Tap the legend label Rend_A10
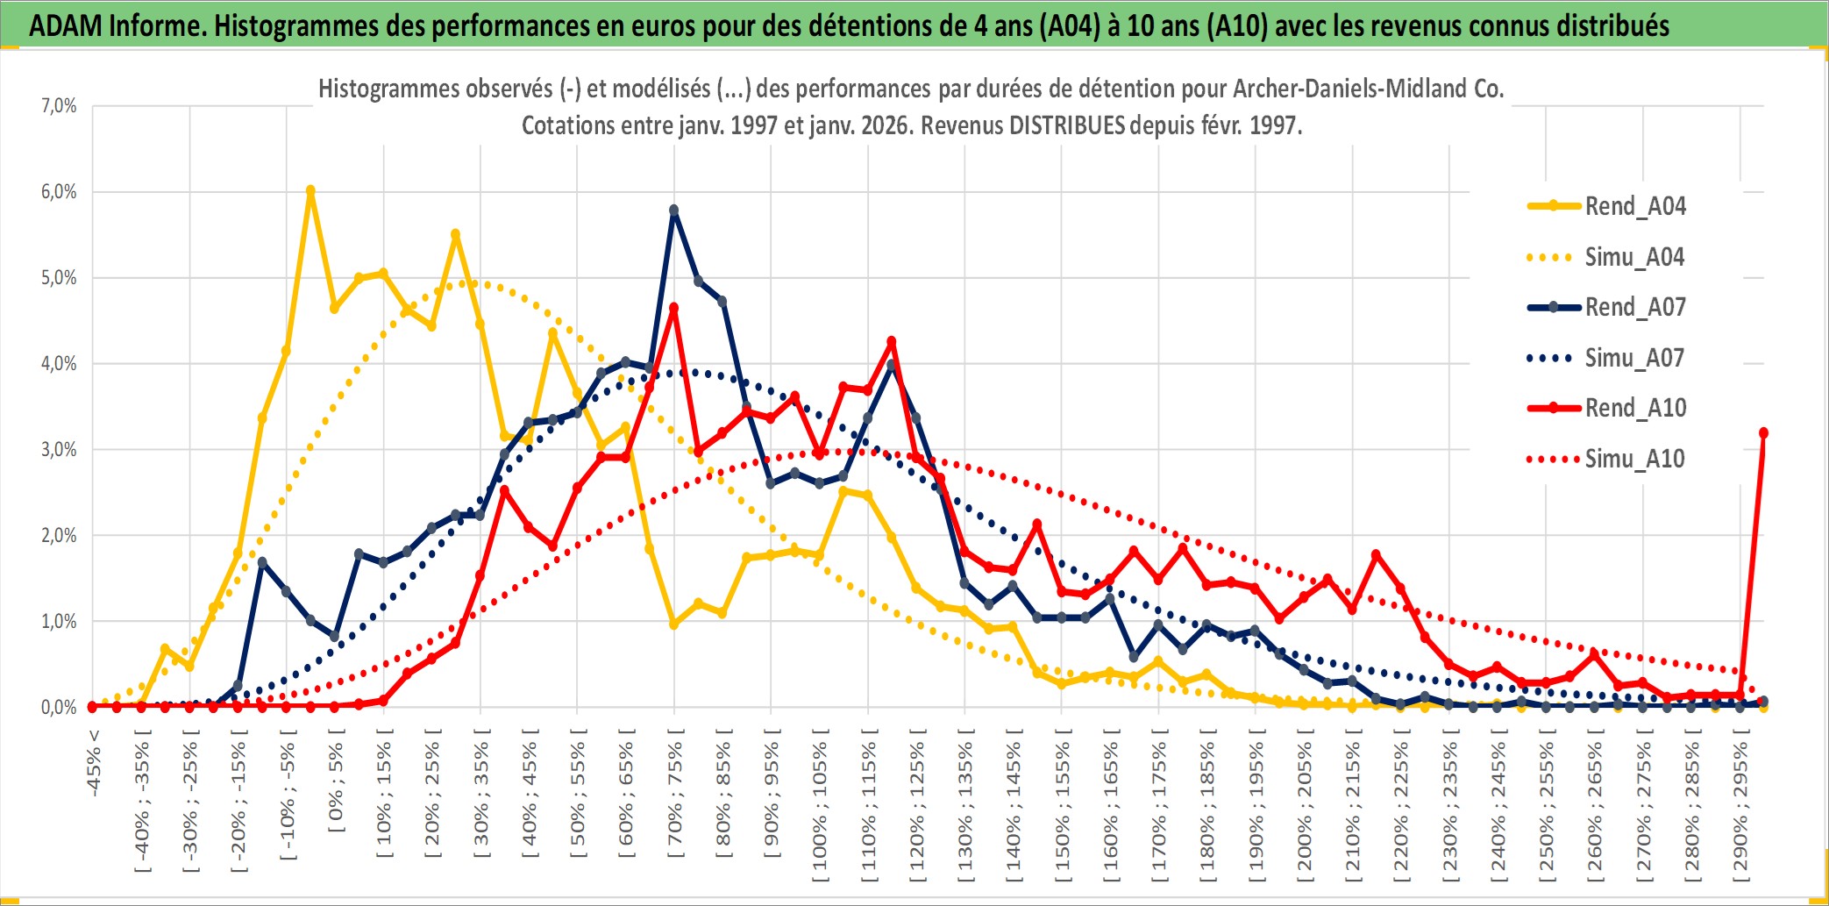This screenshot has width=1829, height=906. (1635, 408)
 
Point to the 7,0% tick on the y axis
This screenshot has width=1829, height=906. (59, 106)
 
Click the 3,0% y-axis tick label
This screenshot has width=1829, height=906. (59, 450)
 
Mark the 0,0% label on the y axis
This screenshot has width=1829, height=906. (59, 707)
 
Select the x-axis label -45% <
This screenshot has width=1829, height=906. (94, 763)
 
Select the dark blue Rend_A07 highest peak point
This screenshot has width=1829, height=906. (673, 210)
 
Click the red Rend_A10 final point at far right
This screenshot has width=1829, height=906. (1763, 433)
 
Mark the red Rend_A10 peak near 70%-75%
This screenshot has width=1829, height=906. (673, 308)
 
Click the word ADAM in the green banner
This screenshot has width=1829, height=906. (65, 25)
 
